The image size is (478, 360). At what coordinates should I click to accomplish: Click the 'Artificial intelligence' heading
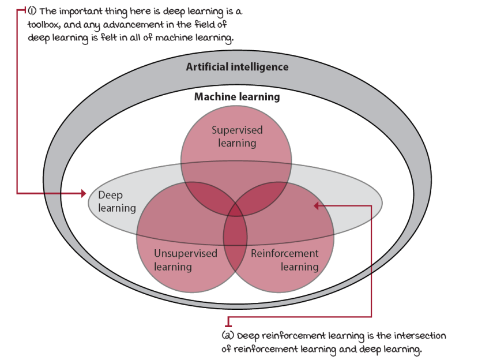click(237, 67)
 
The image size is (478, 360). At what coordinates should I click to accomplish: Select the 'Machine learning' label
click(237, 97)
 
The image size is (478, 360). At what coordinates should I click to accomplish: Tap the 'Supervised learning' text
click(237, 136)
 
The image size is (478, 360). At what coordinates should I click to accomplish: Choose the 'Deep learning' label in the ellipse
click(118, 201)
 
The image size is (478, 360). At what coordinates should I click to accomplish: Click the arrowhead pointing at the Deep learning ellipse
click(82, 193)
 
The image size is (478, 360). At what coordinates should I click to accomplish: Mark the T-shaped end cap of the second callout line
click(228, 321)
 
